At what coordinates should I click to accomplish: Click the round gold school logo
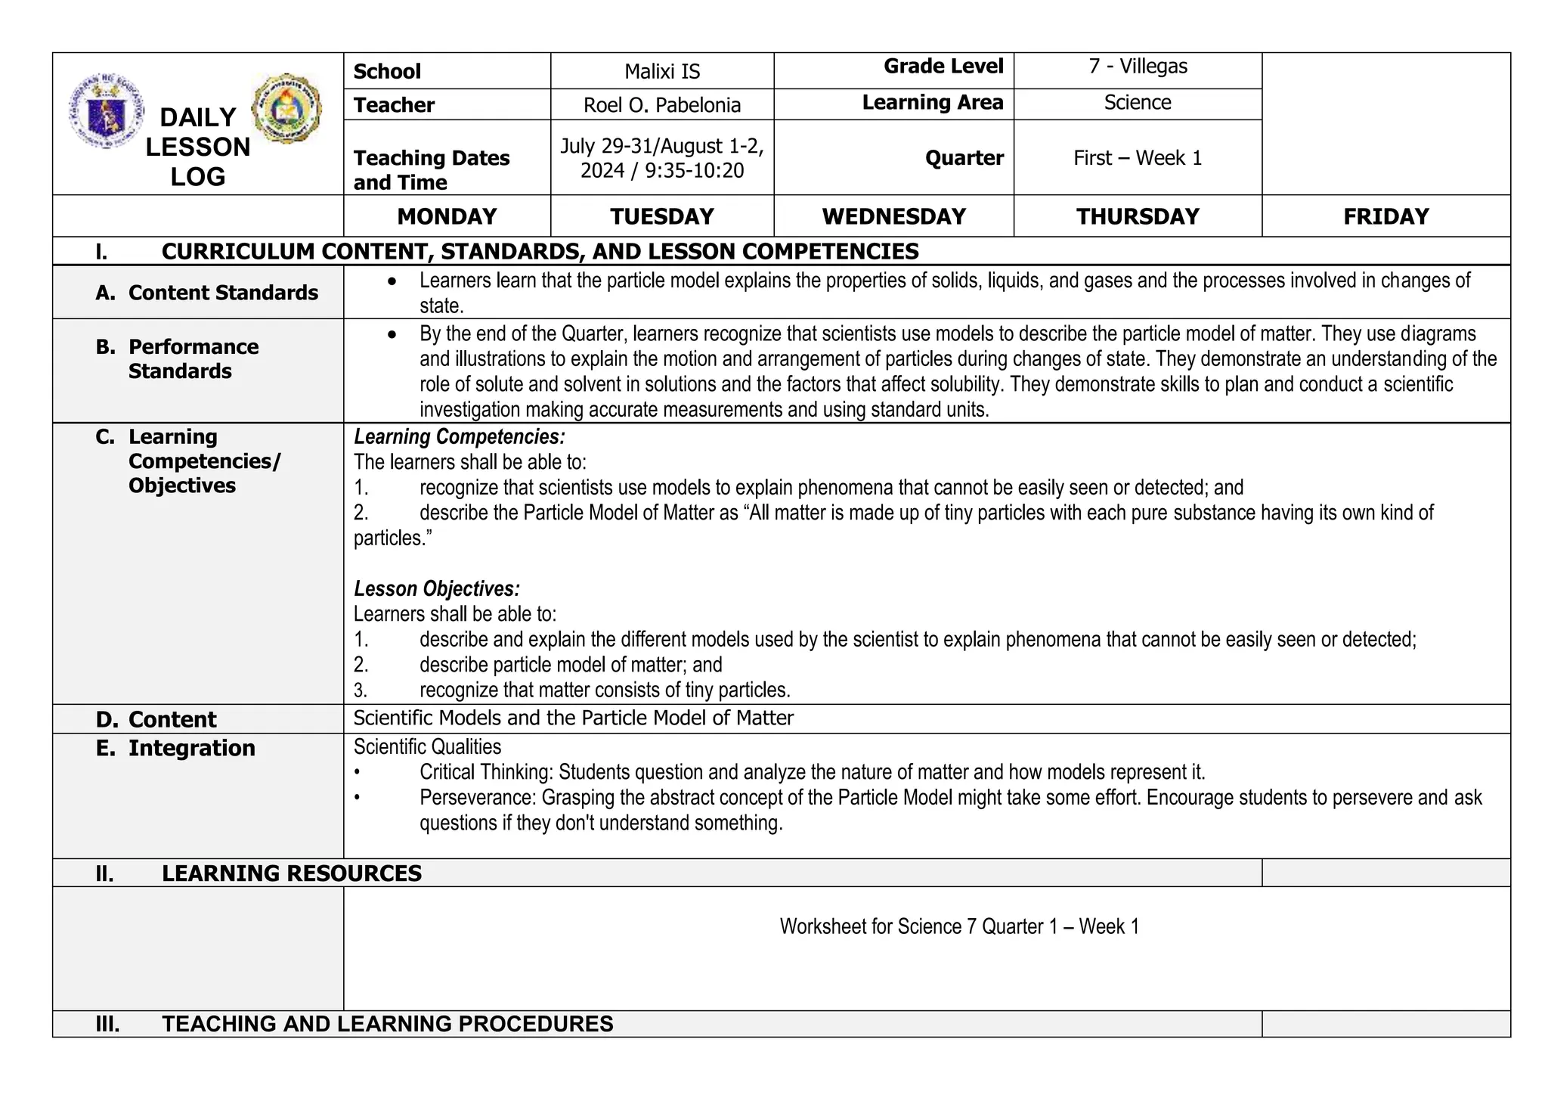286,109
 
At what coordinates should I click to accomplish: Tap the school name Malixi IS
662,72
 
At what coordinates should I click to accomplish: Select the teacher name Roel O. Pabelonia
662,105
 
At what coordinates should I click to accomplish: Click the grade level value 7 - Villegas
1138,67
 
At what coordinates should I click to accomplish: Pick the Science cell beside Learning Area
1138,103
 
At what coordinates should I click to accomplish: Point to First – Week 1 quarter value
1138,158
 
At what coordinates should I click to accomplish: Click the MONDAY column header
447,217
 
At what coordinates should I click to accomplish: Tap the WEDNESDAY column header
893,217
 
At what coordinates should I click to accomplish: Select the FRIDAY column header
1385,217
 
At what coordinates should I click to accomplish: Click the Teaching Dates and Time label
431,169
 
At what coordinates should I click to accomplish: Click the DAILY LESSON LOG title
197,147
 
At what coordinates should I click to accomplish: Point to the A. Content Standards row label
207,293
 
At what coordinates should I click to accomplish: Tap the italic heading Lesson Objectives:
436,589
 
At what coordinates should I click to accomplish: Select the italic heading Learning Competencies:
459,437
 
